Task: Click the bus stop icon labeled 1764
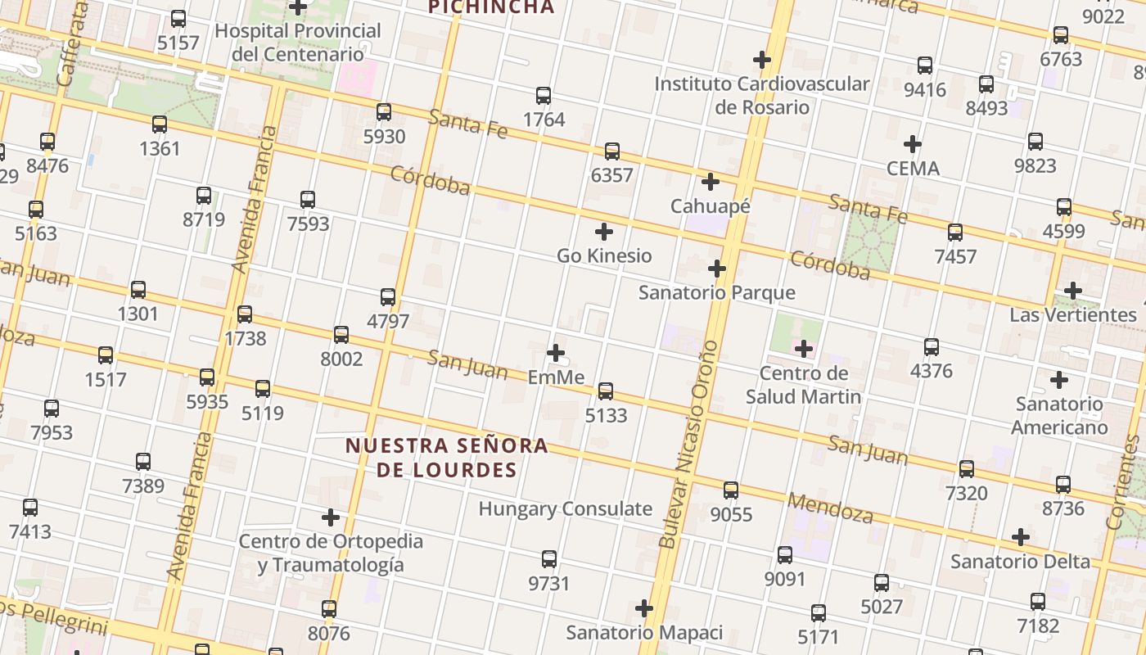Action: pyautogui.click(x=543, y=96)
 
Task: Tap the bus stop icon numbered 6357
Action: pyautogui.click(x=611, y=151)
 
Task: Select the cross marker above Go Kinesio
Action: pyautogui.click(x=604, y=232)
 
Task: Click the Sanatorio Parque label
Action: pyautogui.click(x=716, y=292)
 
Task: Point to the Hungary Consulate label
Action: pyautogui.click(x=565, y=508)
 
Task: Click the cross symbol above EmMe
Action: pyautogui.click(x=556, y=353)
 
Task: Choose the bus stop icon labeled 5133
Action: pyautogui.click(x=606, y=391)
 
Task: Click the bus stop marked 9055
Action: pyautogui.click(x=731, y=490)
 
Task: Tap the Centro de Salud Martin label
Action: pyautogui.click(x=803, y=385)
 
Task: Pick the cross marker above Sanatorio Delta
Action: pyautogui.click(x=1020, y=537)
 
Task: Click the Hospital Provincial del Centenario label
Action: pyautogui.click(x=298, y=43)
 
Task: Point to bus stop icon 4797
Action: pyautogui.click(x=388, y=297)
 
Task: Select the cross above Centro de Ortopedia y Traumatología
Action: pyautogui.click(x=331, y=517)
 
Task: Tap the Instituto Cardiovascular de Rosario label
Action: pyautogui.click(x=761, y=95)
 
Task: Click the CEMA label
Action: pyautogui.click(x=913, y=169)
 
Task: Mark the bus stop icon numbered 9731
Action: pyautogui.click(x=549, y=559)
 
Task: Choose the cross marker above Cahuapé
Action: pyautogui.click(x=711, y=182)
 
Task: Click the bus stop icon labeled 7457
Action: pyautogui.click(x=955, y=233)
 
